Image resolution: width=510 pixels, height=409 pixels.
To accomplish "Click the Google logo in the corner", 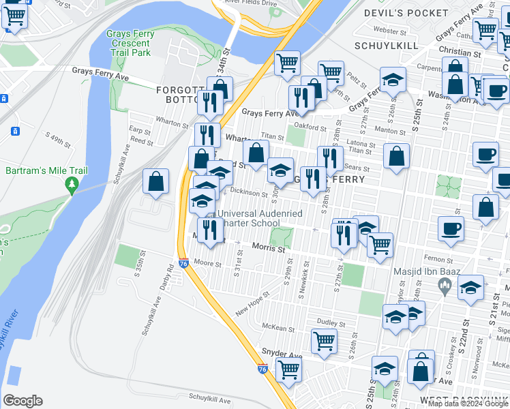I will [x=23, y=401].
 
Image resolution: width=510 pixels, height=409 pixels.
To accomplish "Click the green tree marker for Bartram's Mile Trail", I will [x=72, y=185].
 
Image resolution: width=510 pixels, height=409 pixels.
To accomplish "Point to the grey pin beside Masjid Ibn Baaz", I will [x=446, y=291].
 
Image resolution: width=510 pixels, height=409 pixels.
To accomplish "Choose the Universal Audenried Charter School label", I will [x=259, y=218].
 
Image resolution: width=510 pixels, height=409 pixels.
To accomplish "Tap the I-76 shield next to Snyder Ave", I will [x=262, y=369].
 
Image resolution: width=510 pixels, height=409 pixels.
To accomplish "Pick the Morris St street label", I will [x=268, y=249].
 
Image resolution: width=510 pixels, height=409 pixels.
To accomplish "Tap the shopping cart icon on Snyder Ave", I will [x=289, y=369].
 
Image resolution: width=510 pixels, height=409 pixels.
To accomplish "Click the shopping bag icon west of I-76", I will [x=155, y=181].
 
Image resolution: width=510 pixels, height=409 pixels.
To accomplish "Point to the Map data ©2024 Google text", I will [x=468, y=404].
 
